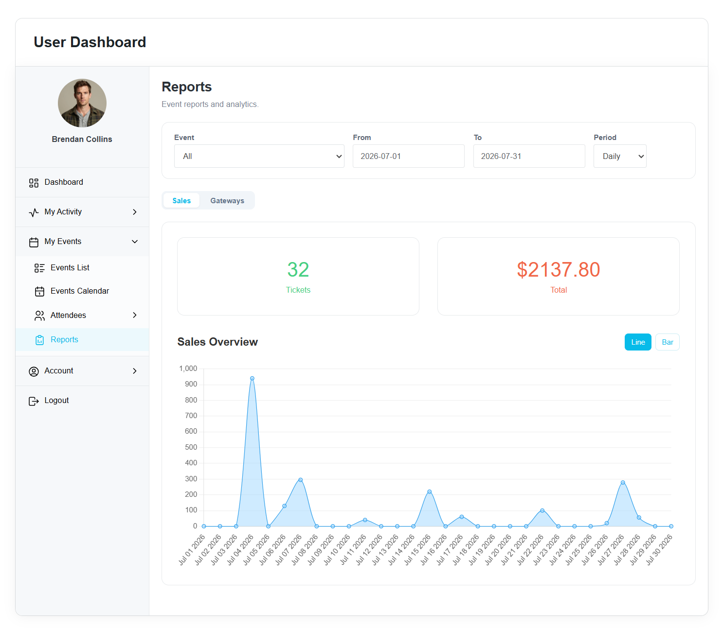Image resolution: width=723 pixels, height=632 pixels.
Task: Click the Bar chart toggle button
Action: (667, 342)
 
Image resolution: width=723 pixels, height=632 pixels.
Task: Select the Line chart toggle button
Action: (637, 342)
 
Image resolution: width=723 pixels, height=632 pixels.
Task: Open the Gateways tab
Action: (227, 201)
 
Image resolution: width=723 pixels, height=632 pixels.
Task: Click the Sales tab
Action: (181, 201)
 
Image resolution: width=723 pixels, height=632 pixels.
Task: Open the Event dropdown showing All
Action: (259, 156)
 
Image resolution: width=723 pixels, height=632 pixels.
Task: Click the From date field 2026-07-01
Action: (408, 156)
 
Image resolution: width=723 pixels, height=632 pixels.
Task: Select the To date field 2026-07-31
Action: (529, 156)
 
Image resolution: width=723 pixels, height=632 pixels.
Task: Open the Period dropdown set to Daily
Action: (620, 156)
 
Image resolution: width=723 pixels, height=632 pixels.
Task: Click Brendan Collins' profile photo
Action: (82, 103)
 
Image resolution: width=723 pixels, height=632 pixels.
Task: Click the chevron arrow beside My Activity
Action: (135, 212)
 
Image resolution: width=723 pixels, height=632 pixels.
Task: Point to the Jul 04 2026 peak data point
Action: (252, 379)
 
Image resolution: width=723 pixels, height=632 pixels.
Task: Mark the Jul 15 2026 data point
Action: (429, 492)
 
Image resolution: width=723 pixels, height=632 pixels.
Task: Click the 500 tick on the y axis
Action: (191, 447)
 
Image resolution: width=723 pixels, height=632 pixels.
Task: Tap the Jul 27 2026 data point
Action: (623, 483)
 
